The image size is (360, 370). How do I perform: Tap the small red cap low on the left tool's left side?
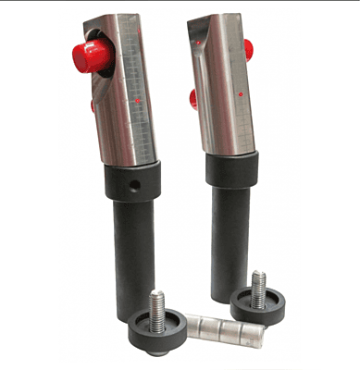93,106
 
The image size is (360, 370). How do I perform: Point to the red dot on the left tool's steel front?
138,100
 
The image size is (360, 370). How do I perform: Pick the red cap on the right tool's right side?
247,47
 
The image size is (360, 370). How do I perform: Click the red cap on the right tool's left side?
194,97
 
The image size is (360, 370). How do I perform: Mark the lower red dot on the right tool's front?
240,93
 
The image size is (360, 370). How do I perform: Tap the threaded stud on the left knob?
157,304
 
